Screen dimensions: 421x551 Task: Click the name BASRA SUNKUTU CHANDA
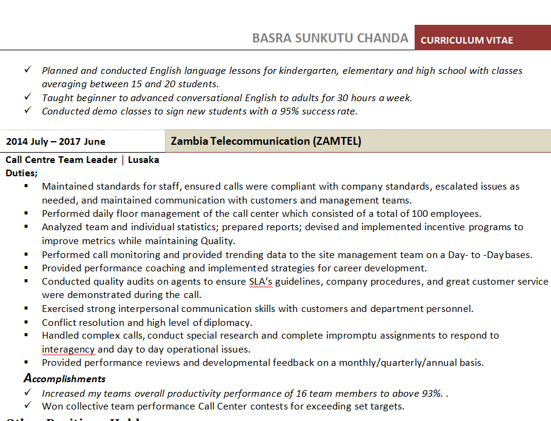click(330, 38)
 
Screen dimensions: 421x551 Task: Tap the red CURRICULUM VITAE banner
click(467, 40)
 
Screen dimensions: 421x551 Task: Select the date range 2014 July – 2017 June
click(56, 142)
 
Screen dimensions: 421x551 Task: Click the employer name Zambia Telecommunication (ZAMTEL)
click(266, 141)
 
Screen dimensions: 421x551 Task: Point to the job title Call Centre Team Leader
click(61, 160)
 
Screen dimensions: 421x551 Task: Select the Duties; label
click(21, 173)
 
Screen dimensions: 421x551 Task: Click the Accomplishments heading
click(64, 379)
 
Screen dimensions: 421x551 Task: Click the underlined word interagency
click(68, 349)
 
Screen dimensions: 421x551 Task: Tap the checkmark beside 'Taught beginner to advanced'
click(28, 97)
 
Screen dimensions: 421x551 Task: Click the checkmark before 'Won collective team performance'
click(28, 405)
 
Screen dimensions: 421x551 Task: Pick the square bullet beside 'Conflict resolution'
click(27, 322)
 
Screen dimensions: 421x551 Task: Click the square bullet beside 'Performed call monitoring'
click(27, 254)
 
